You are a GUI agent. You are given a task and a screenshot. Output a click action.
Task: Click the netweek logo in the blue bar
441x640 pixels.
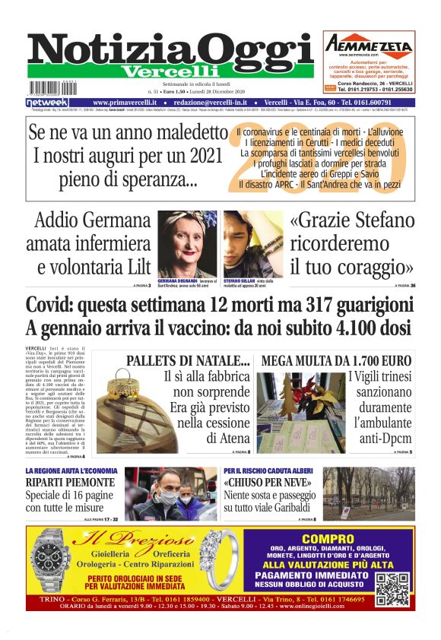(47, 102)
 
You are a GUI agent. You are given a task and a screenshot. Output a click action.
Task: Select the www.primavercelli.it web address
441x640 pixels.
(125, 102)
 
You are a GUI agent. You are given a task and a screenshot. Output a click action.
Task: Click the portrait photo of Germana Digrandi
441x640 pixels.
(186, 243)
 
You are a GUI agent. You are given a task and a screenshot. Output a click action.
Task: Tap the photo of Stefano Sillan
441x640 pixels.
(252, 243)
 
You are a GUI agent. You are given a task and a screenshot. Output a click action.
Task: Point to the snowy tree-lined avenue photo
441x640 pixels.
(368, 494)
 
